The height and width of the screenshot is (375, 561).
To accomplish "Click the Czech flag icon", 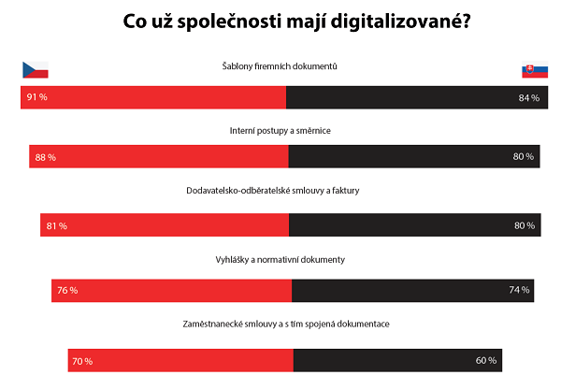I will (x=35, y=69).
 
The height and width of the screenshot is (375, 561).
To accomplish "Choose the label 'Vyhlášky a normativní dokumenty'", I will (x=284, y=259).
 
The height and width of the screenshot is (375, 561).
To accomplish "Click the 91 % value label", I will (x=38, y=97).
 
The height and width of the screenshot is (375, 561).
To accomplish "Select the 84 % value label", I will (x=529, y=97).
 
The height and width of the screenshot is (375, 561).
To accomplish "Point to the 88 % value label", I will (x=46, y=157).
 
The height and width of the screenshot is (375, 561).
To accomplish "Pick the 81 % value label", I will (x=56, y=225).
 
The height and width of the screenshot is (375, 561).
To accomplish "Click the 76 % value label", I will (x=66, y=291).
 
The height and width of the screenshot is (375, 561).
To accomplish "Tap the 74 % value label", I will (x=519, y=290).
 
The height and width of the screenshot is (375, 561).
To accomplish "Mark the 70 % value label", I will (x=82, y=360).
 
